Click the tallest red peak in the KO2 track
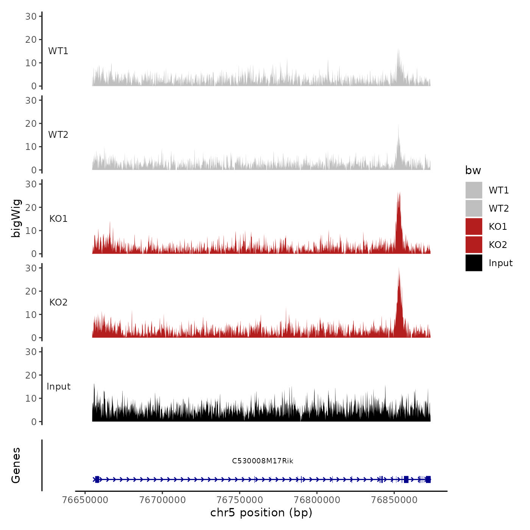click(399, 270)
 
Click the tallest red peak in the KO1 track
click(399, 194)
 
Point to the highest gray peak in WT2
click(398, 126)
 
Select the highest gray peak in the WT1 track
click(398, 50)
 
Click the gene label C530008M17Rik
click(262, 461)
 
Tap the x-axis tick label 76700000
click(162, 500)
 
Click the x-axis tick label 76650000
click(85, 500)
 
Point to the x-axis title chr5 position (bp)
click(261, 513)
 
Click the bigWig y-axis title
click(16, 218)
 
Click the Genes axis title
click(16, 465)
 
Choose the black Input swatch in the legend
click(474, 263)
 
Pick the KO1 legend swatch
click(474, 226)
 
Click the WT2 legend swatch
click(474, 208)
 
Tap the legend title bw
click(473, 170)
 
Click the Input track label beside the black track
click(59, 387)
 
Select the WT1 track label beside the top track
click(58, 51)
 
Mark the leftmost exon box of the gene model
click(97, 479)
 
